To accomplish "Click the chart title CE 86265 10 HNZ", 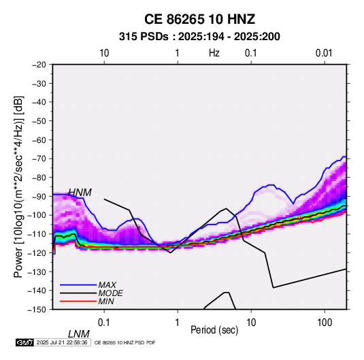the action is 199,19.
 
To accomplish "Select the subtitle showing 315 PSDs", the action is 199,37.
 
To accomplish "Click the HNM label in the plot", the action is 80,193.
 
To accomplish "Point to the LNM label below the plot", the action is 79,334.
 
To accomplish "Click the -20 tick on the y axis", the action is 39,65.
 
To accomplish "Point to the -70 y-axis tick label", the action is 39,159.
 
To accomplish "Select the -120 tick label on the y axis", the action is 37,252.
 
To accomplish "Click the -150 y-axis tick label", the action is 37,310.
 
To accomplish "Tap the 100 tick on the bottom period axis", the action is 325,323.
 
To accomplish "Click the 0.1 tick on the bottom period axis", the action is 104,323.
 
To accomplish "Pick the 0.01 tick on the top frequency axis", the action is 324,53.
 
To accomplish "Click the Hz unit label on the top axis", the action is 214,53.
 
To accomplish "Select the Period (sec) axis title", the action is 214,330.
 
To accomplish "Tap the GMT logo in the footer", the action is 25,342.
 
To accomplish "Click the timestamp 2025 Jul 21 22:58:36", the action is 62,342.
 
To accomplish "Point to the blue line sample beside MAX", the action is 78,285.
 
